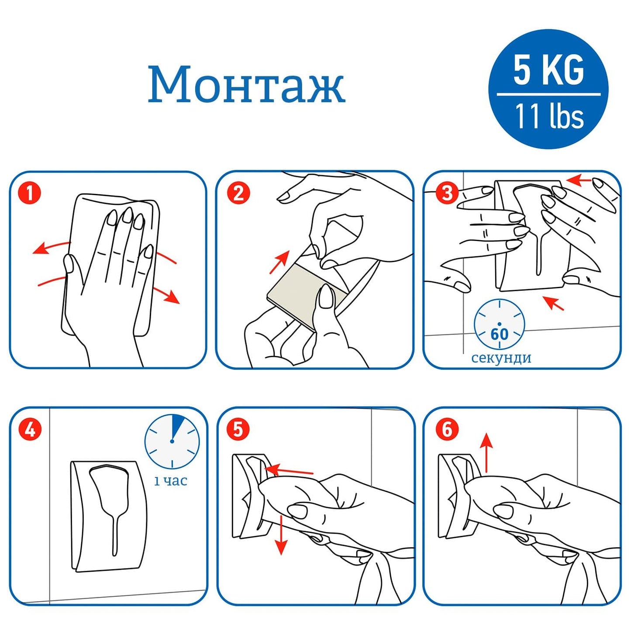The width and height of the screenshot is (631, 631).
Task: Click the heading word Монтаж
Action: pos(246,84)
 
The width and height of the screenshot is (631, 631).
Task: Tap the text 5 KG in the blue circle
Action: pos(548,70)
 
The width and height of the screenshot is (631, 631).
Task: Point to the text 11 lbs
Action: pos(549,116)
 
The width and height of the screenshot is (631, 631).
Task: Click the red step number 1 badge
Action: pos(30,193)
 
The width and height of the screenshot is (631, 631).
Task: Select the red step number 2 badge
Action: pos(238,193)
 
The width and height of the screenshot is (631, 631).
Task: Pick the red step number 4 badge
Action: pos(30,429)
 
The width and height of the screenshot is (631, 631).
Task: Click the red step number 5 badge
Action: pos(238,429)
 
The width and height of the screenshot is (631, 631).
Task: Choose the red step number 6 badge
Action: pos(447,429)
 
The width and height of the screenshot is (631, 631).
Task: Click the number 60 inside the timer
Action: pos(500,334)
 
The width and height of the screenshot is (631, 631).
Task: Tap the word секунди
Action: pos(501,358)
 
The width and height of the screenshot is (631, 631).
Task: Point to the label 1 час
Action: pos(171,481)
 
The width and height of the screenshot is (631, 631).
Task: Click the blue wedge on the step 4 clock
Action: pos(177,425)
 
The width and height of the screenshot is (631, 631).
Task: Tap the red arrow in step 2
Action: pos(280,262)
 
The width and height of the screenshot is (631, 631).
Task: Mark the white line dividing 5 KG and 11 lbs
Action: pos(548,94)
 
